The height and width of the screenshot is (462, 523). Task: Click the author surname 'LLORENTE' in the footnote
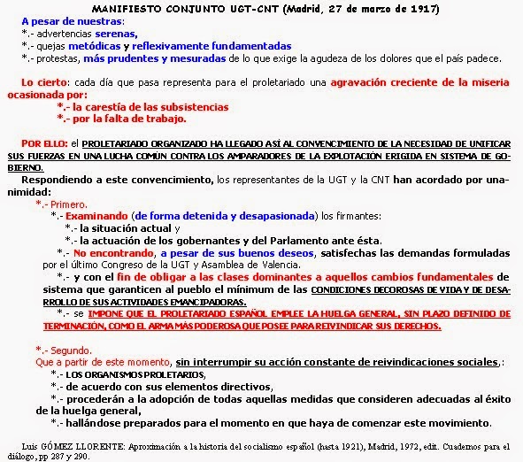[x=96, y=441]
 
